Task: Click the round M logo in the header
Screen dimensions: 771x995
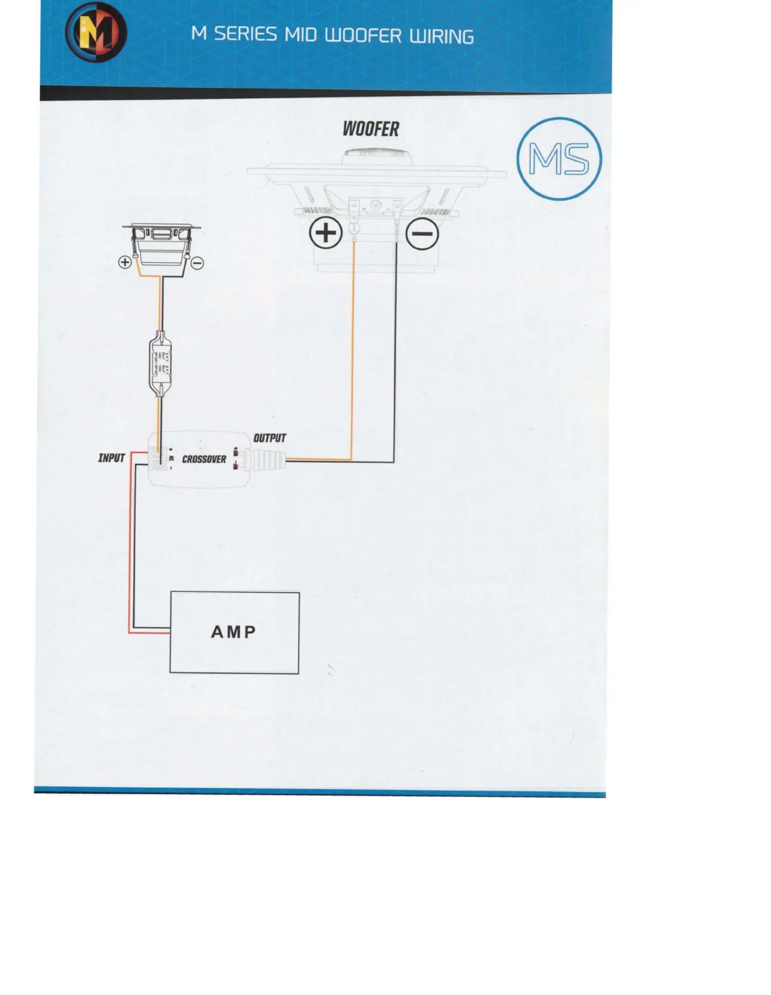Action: pos(96,32)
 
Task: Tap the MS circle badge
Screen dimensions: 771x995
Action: pos(559,159)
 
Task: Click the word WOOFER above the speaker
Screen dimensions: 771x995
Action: pos(371,129)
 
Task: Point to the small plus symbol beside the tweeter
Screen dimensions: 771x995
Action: pos(125,262)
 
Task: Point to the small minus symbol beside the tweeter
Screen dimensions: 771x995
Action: pos(197,263)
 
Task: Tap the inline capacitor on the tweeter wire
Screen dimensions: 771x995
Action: pos(160,364)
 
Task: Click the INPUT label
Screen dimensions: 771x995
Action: pos(111,458)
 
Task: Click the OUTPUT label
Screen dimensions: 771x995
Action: pos(269,438)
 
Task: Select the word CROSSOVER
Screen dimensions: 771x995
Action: pos(204,459)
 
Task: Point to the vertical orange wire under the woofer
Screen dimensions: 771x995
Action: pos(353,351)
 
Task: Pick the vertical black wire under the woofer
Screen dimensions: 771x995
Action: pos(395,351)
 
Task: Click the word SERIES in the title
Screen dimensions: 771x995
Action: pos(245,35)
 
